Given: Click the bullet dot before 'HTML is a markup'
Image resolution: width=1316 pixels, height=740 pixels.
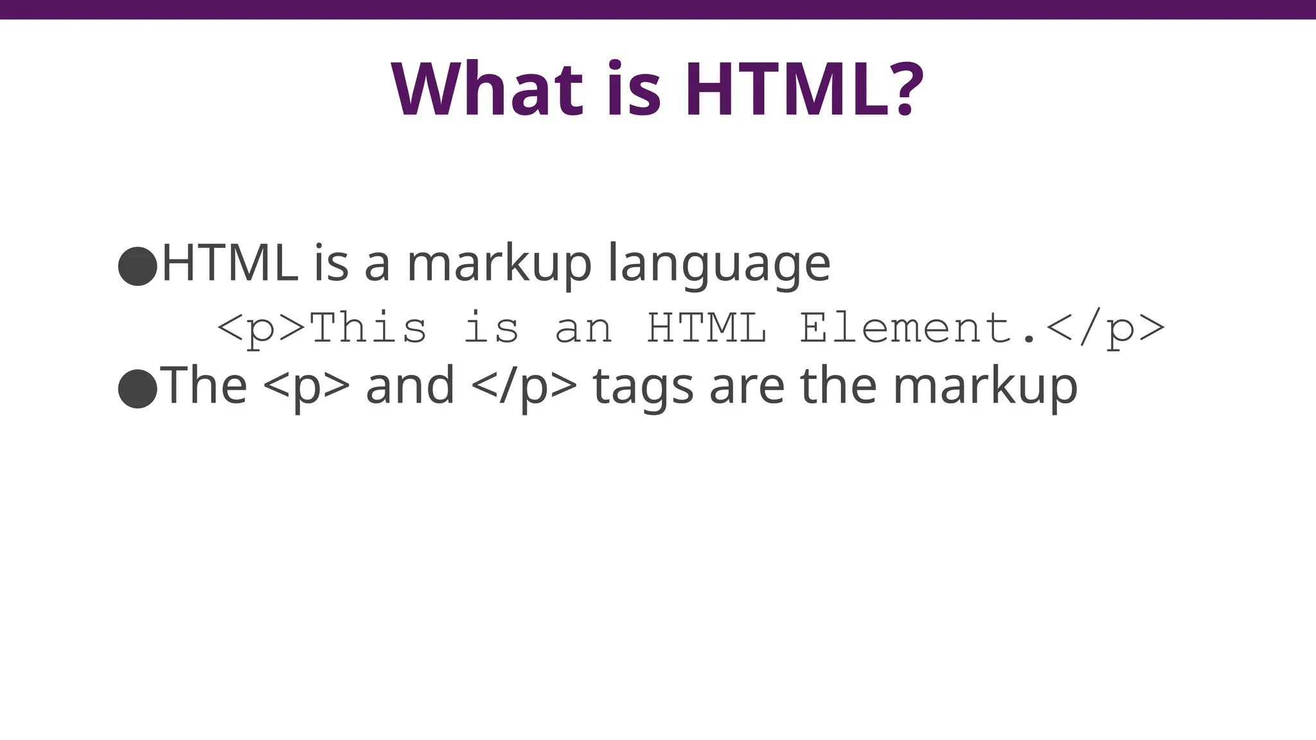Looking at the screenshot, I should point(138,265).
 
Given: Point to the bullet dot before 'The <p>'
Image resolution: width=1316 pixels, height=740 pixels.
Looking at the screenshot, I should point(138,388).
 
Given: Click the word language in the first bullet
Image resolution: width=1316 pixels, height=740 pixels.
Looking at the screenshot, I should point(719,265).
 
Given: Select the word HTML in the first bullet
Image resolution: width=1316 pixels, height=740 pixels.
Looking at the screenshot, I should point(229,263).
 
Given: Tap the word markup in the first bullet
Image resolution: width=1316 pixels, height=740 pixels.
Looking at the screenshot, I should point(499,265).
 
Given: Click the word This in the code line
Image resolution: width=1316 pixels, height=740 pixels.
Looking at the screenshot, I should point(368,327).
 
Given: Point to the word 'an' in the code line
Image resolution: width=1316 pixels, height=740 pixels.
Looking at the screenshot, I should point(583,328).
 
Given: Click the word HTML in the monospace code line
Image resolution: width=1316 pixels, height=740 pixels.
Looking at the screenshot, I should point(706,327).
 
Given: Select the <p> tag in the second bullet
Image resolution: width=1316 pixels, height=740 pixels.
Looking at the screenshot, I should point(307,387).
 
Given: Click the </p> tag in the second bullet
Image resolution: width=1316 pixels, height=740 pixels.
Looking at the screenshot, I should point(524,387).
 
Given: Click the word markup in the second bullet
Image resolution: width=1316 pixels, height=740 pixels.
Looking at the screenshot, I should point(985,387).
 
